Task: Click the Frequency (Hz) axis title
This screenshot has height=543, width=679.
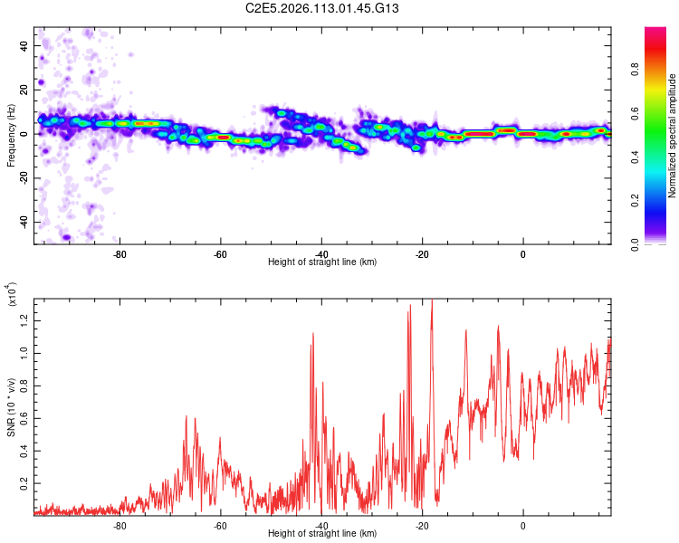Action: (11, 135)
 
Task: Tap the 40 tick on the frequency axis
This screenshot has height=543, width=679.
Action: (24, 45)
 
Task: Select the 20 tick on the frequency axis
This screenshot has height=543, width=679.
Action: (24, 90)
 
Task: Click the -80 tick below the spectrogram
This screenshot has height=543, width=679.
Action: (120, 253)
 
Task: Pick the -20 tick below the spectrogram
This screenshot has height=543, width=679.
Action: (422, 253)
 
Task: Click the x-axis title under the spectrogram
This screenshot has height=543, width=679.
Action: (322, 262)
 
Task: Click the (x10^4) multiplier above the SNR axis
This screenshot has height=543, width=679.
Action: (11, 293)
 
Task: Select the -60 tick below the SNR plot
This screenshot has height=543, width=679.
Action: (220, 525)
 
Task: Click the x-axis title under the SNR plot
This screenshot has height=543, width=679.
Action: (322, 534)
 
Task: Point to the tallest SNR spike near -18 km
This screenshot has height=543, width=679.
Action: (432, 300)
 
